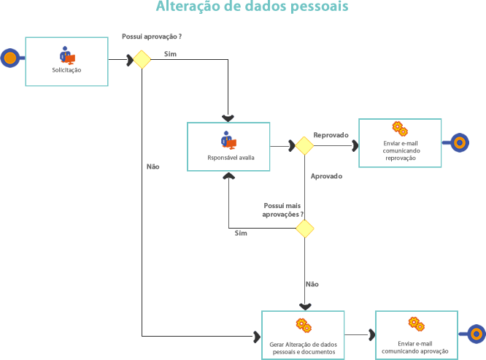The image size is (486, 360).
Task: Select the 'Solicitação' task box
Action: (x=66, y=61)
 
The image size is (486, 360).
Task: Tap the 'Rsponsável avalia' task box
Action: (x=228, y=146)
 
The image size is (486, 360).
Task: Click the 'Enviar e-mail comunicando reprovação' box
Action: (x=400, y=143)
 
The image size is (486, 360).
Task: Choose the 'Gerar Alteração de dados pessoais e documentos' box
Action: (x=302, y=335)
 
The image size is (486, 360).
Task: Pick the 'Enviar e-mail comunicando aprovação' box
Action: (x=417, y=335)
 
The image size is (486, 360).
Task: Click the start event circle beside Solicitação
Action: (x=9, y=58)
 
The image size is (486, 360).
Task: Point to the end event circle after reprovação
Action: (x=460, y=142)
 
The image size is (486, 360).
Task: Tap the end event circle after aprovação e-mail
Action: (x=477, y=334)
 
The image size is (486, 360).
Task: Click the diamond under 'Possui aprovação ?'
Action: (x=141, y=59)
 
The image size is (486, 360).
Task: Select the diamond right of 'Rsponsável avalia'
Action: (x=304, y=145)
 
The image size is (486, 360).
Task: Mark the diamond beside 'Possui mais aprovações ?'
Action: (x=304, y=229)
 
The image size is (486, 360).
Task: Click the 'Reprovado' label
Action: (x=331, y=135)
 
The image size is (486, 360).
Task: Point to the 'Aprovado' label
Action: (x=326, y=176)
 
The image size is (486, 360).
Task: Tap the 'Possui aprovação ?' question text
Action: (x=152, y=36)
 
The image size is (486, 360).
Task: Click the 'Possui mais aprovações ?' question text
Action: (x=283, y=210)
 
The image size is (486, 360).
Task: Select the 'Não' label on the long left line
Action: (x=153, y=166)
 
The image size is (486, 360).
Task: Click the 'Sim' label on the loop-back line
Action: (x=241, y=234)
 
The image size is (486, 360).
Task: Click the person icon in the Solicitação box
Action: (x=67, y=55)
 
